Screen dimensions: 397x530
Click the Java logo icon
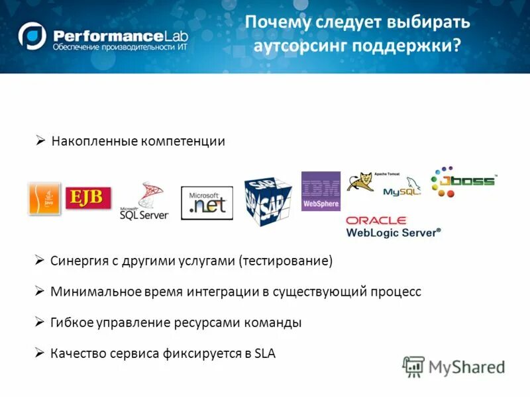pyautogui.click(x=44, y=198)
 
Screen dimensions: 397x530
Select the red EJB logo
pyautogui.click(x=88, y=198)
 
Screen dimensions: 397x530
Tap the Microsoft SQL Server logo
pyautogui.click(x=144, y=201)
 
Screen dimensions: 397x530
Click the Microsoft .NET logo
pyautogui.click(x=207, y=203)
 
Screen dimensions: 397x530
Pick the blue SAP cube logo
pyautogui.click(x=268, y=200)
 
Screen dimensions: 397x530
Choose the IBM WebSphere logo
pyautogui.click(x=321, y=191)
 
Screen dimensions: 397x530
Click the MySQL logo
pyautogui.click(x=401, y=191)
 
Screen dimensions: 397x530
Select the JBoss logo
pyautogui.click(x=461, y=181)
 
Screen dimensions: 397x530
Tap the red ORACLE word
pyautogui.click(x=376, y=220)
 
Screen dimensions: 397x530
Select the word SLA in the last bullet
pyautogui.click(x=264, y=353)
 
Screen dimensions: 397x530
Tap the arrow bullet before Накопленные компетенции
pyautogui.click(x=40, y=141)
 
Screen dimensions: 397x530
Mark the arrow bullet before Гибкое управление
pyautogui.click(x=40, y=322)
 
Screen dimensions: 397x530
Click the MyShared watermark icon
pyautogui.click(x=413, y=366)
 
